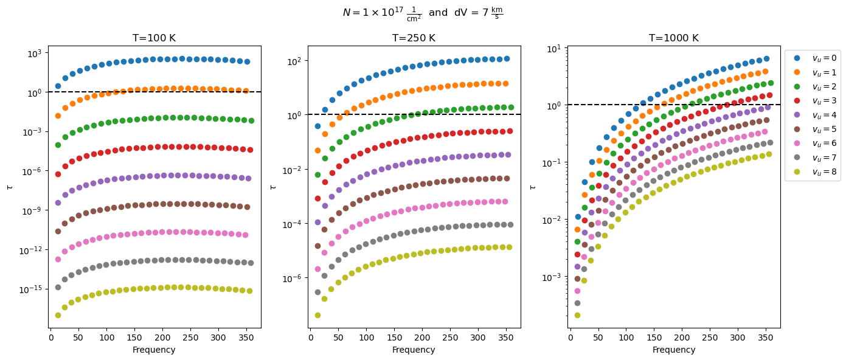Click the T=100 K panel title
[x=154, y=38]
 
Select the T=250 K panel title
[x=414, y=38]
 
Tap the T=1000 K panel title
[x=674, y=38]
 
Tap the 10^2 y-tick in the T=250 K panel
[x=294, y=61]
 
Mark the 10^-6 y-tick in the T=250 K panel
[x=293, y=279]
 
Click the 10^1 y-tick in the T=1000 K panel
[x=555, y=48]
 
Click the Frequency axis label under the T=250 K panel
[x=414, y=350]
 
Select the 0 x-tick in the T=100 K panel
[x=51, y=337]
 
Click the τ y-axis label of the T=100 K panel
[x=9, y=187]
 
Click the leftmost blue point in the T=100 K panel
[x=58, y=86]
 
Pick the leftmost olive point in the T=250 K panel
[x=317, y=315]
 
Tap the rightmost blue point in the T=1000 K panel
[x=766, y=59]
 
